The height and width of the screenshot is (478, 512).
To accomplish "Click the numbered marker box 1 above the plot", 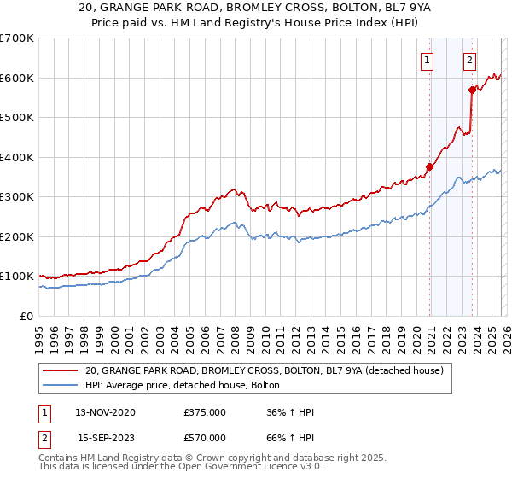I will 426,60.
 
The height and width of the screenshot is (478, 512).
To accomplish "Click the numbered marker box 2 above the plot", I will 469,60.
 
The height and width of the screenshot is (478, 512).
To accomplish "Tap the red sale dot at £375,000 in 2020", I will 429,167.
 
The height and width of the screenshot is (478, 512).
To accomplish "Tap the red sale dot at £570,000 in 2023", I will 472,90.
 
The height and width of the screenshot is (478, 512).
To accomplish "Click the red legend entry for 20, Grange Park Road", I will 264,371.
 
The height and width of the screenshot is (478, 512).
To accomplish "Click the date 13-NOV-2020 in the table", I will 105,412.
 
